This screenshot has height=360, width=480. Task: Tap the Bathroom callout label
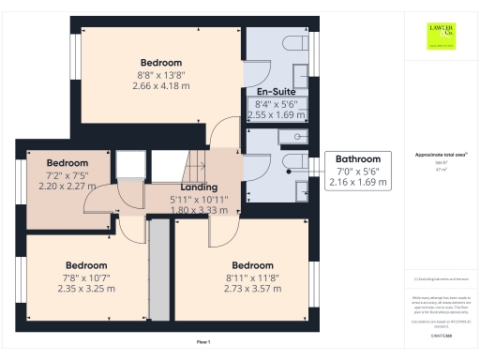pyautogui.click(x=358, y=159)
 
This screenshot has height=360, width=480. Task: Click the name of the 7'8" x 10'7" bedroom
pyautogui.click(x=86, y=265)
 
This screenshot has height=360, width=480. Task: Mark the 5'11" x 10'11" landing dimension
pyautogui.click(x=200, y=200)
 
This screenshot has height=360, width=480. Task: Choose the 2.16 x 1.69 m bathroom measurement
pyautogui.click(x=358, y=183)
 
